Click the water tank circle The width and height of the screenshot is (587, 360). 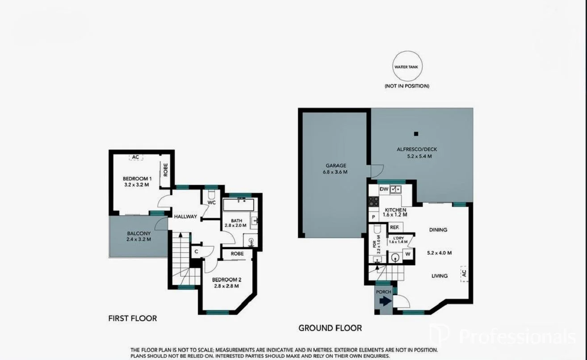tap(407, 67)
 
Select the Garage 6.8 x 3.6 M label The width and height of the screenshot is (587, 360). tap(335, 169)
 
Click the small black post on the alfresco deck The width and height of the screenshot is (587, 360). tap(416, 134)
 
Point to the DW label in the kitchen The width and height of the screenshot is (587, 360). tap(383, 189)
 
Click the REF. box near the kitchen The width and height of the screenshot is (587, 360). tap(394, 227)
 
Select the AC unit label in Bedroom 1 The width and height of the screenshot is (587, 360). tap(136, 157)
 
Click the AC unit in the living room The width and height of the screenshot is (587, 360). tap(464, 273)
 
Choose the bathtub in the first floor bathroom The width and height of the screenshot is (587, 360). tap(238, 205)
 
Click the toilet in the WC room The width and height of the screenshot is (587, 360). tap(212, 195)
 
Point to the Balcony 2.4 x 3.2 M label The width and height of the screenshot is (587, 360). tap(138, 236)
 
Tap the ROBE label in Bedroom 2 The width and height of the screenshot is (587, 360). tap(237, 254)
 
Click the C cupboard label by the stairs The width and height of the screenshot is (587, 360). tap(196, 251)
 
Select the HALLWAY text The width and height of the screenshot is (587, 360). tap(185, 217)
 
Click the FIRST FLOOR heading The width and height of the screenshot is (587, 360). tap(133, 318)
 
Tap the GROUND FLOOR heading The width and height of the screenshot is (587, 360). tap(330, 328)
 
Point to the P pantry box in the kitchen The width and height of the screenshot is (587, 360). tap(373, 217)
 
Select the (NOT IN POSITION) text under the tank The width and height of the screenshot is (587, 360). tap(407, 86)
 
